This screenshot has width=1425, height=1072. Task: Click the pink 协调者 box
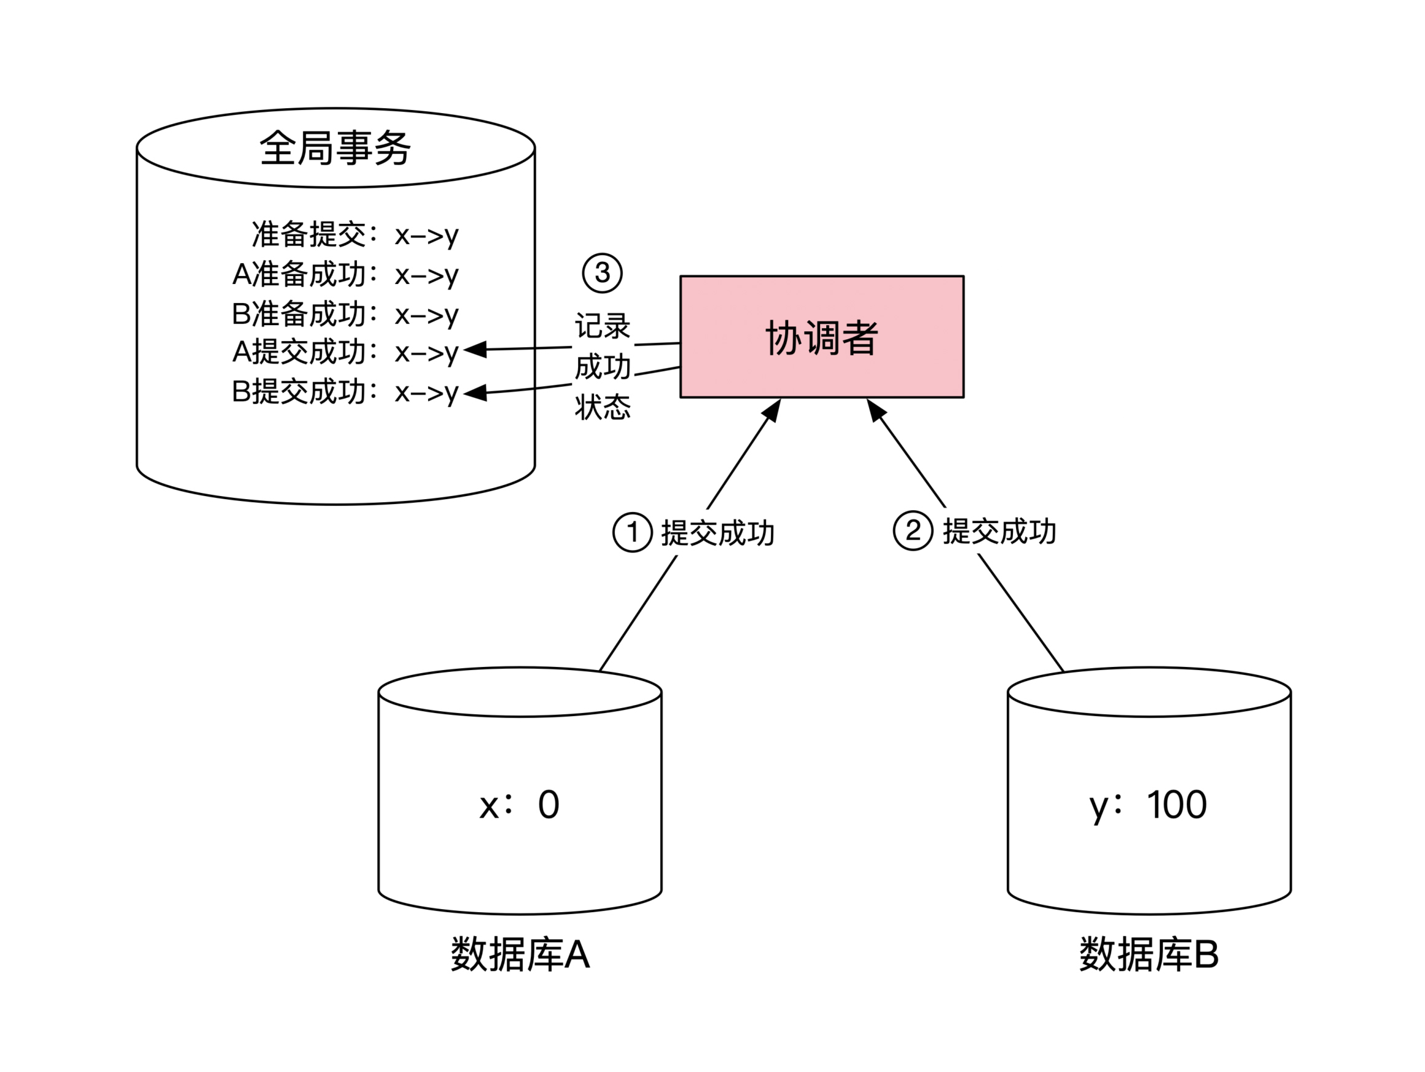coord(821,336)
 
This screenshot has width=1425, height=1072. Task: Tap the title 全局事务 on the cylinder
coord(335,148)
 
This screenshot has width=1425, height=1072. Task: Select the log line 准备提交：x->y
coord(354,234)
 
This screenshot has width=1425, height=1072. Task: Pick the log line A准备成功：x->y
coord(345,274)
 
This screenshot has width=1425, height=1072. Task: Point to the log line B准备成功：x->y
coord(345,314)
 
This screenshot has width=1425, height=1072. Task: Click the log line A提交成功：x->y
coord(345,352)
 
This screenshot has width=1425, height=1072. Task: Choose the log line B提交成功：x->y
coord(345,392)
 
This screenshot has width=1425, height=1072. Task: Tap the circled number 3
coord(602,273)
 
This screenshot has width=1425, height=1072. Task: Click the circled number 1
coord(632,532)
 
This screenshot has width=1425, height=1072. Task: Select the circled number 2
coord(912,530)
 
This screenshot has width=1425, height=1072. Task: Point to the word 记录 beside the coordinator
coord(603,326)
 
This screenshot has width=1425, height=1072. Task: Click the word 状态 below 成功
coord(603,407)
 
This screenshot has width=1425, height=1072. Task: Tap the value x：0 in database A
coord(519,805)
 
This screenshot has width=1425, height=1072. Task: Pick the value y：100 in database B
coord(1148,805)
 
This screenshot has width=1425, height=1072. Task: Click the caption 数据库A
coord(520,955)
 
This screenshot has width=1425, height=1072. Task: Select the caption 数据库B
coord(1149,955)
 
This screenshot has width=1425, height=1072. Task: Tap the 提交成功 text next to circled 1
coord(717,533)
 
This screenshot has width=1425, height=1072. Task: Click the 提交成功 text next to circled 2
coord(999,531)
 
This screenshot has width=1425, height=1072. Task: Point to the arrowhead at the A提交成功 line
coord(475,349)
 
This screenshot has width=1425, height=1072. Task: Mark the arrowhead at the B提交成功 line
coord(475,393)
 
